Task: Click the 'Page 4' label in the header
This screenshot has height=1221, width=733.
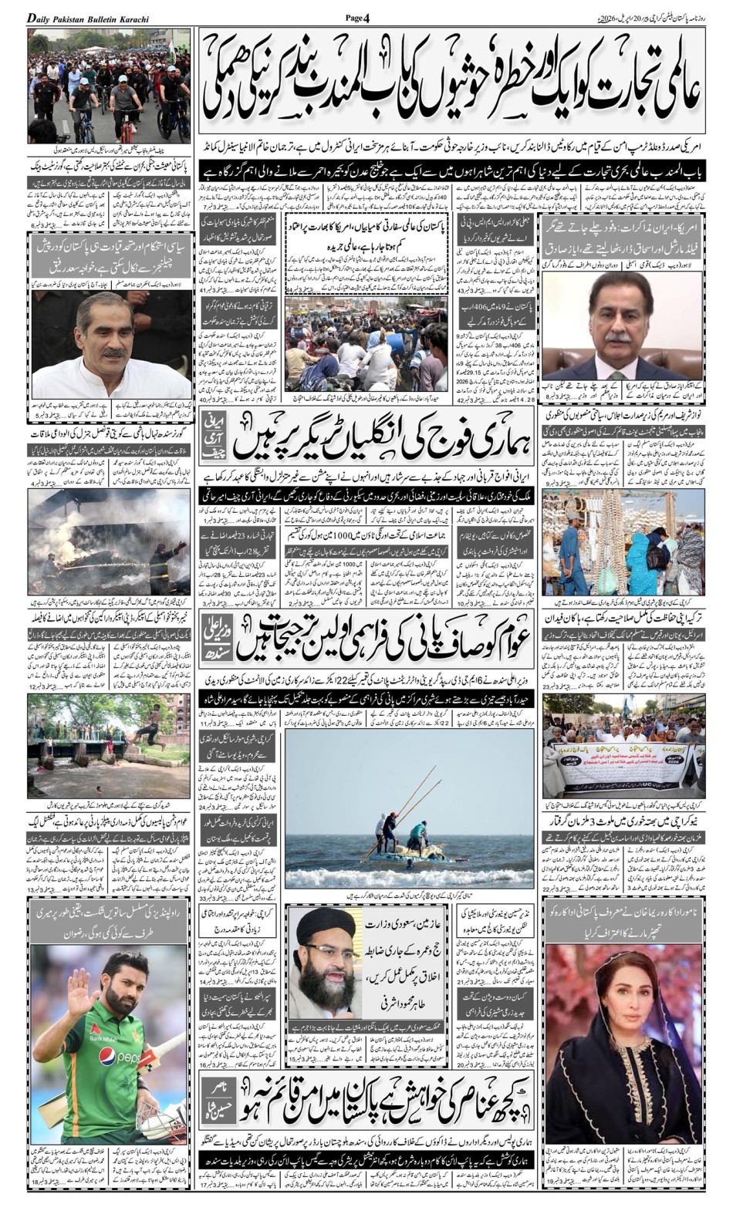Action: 360,17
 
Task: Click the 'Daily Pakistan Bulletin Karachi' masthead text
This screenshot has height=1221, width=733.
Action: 89,17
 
